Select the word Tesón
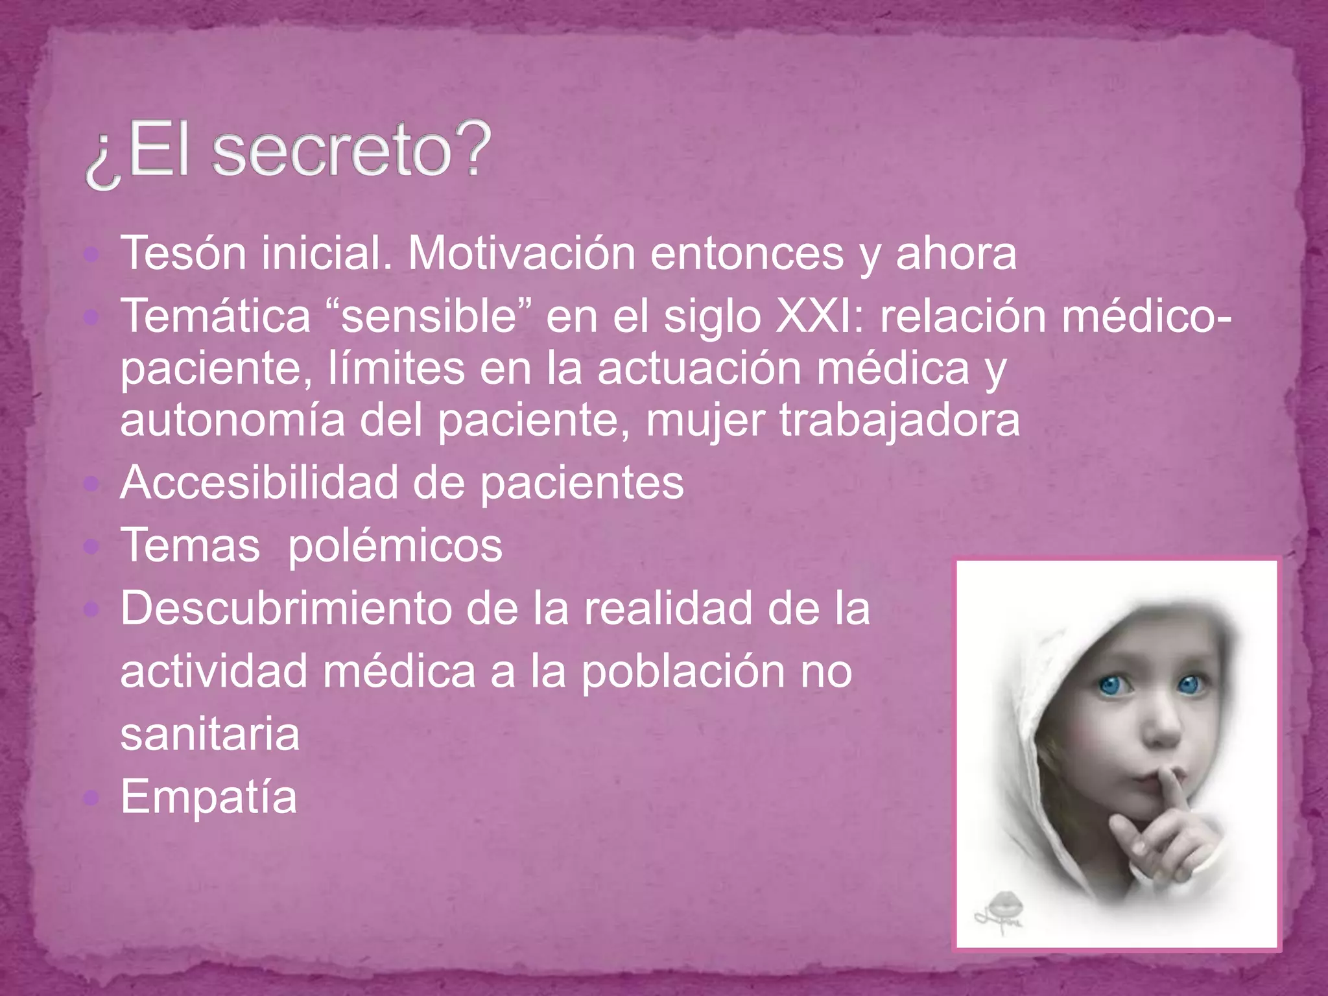(x=183, y=253)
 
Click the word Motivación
(x=521, y=253)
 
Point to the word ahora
(x=956, y=253)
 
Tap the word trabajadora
(x=899, y=420)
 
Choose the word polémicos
(x=395, y=545)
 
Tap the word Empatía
(x=208, y=797)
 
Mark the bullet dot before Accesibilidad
(x=91, y=482)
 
